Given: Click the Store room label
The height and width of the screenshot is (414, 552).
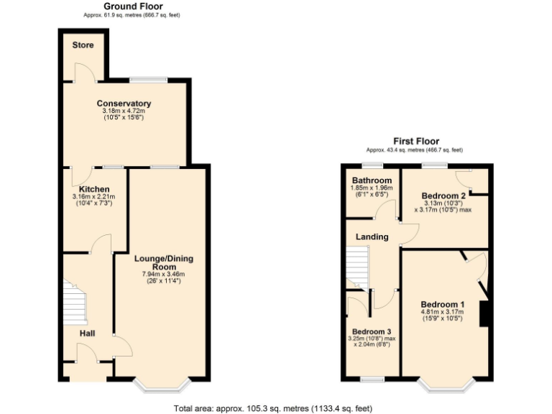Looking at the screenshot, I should (83, 45).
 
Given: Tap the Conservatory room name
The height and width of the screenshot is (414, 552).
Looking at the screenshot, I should (124, 103).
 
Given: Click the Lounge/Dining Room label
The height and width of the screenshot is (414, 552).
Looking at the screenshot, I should (164, 263).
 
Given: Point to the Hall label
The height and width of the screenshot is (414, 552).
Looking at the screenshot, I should (87, 333).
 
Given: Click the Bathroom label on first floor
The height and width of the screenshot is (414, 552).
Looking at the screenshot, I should (372, 180).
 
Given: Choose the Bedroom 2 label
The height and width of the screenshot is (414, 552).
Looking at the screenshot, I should (443, 195).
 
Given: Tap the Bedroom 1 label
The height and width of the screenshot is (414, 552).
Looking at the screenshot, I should (442, 304).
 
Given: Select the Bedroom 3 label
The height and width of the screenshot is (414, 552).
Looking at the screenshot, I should (371, 331).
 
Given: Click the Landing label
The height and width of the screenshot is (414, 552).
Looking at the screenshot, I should (372, 236).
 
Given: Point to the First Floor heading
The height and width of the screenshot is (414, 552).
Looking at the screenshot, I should (415, 142).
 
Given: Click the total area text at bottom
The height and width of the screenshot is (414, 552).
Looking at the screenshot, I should (273, 408).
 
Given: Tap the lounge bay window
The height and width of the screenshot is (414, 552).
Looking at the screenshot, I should (162, 387).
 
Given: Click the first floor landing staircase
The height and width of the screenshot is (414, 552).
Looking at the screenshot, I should (357, 266).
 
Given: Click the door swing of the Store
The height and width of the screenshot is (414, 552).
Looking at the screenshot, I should (83, 73).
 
